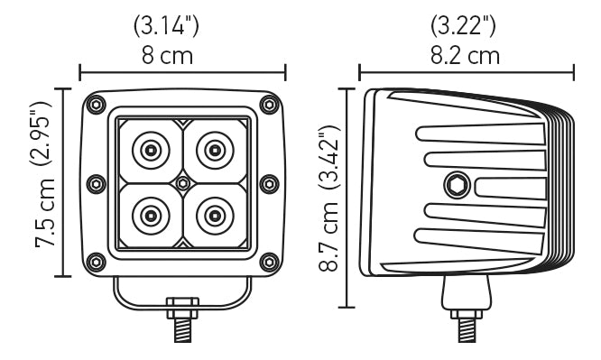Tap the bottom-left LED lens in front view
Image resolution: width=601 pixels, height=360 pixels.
tap(149, 215)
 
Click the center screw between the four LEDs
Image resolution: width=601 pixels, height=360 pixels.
tap(182, 182)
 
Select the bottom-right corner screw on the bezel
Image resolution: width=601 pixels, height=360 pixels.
tap(268, 262)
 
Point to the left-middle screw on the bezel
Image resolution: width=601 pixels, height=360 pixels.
tap(95, 183)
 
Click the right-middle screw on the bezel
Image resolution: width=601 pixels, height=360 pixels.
tap(268, 183)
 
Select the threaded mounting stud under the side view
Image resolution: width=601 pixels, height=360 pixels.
tap(466, 327)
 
